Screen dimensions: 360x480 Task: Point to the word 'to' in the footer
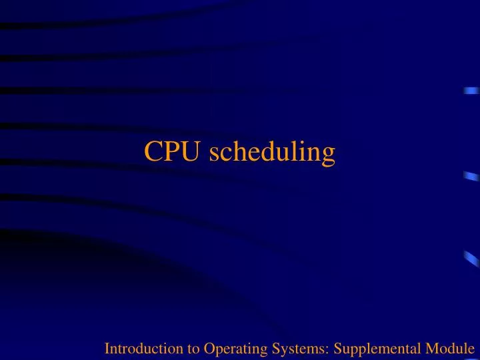178,347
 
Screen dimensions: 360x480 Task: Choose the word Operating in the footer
215,348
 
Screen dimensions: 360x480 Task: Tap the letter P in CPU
172,153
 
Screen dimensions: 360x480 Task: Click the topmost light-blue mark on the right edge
472,91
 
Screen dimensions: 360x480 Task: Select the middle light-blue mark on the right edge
472,176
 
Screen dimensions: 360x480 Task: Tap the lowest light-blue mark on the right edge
472,259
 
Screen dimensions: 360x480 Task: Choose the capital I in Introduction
107,347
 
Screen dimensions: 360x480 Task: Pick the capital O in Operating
193,347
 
